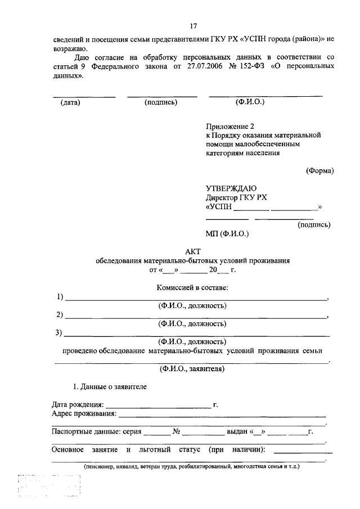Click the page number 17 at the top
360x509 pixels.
[x=193, y=26]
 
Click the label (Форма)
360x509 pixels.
[x=319, y=170]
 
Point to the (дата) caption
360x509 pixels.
[x=70, y=102]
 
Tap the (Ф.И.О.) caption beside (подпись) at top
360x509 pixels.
[x=250, y=102]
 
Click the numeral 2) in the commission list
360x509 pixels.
[x=59, y=314]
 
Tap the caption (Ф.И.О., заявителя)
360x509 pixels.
[x=192, y=370]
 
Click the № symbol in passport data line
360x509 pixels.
[x=176, y=432]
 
